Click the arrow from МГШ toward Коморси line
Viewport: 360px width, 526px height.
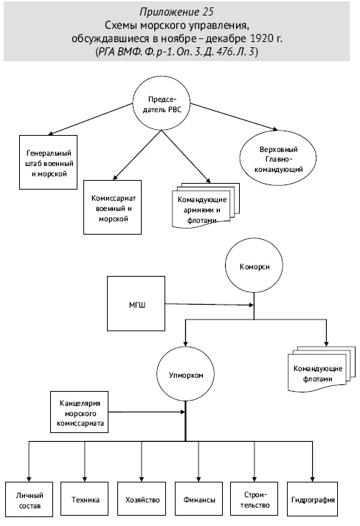point(210,305)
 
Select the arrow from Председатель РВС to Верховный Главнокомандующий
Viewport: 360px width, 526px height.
point(234,117)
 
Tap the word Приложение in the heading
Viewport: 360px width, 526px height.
point(169,12)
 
